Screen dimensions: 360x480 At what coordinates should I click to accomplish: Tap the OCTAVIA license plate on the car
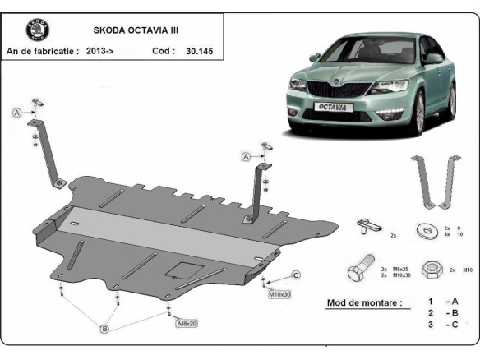pos(333,106)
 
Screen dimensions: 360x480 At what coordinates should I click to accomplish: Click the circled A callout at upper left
pos(16,113)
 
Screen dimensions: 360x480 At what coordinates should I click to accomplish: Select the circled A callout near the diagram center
pos(246,156)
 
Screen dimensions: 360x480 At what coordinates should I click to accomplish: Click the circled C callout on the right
pos(296,275)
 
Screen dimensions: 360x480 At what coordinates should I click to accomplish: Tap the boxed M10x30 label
pos(279,293)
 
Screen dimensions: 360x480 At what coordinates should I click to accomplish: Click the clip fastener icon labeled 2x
pos(366,224)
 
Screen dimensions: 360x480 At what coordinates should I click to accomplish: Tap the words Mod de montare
pos(364,302)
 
